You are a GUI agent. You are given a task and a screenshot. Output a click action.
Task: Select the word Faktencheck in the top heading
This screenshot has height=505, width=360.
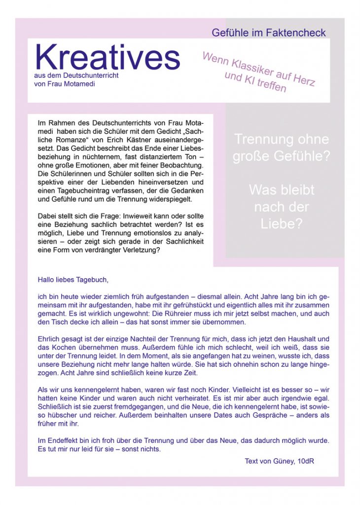click(x=296, y=33)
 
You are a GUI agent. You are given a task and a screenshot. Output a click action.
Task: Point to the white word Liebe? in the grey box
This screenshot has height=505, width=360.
click(x=281, y=223)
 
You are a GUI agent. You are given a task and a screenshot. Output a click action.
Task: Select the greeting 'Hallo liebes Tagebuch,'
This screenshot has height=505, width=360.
click(x=72, y=280)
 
